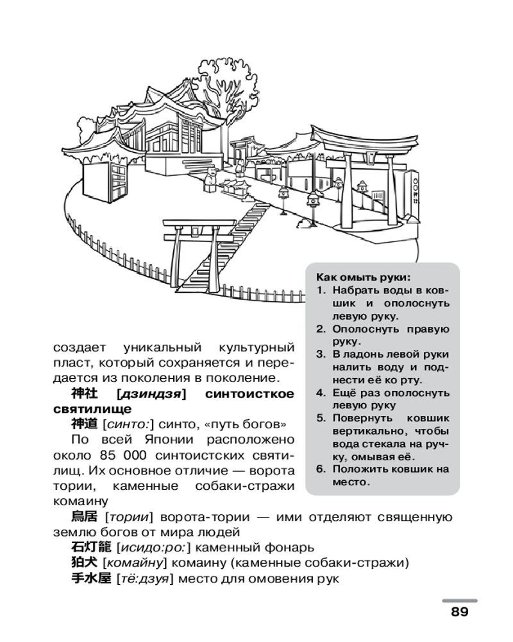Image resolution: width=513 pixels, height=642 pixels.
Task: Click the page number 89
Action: (x=459, y=611)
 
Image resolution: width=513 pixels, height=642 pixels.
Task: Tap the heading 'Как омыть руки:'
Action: (x=362, y=278)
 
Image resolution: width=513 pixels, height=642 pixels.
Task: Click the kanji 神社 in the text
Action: (x=82, y=394)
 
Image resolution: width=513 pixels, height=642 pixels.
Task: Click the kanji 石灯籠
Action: (x=90, y=548)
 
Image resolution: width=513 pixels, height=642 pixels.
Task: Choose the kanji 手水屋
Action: (x=90, y=578)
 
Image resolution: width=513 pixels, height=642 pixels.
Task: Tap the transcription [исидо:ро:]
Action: (x=153, y=548)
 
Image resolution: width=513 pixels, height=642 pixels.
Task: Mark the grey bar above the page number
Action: (x=459, y=600)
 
